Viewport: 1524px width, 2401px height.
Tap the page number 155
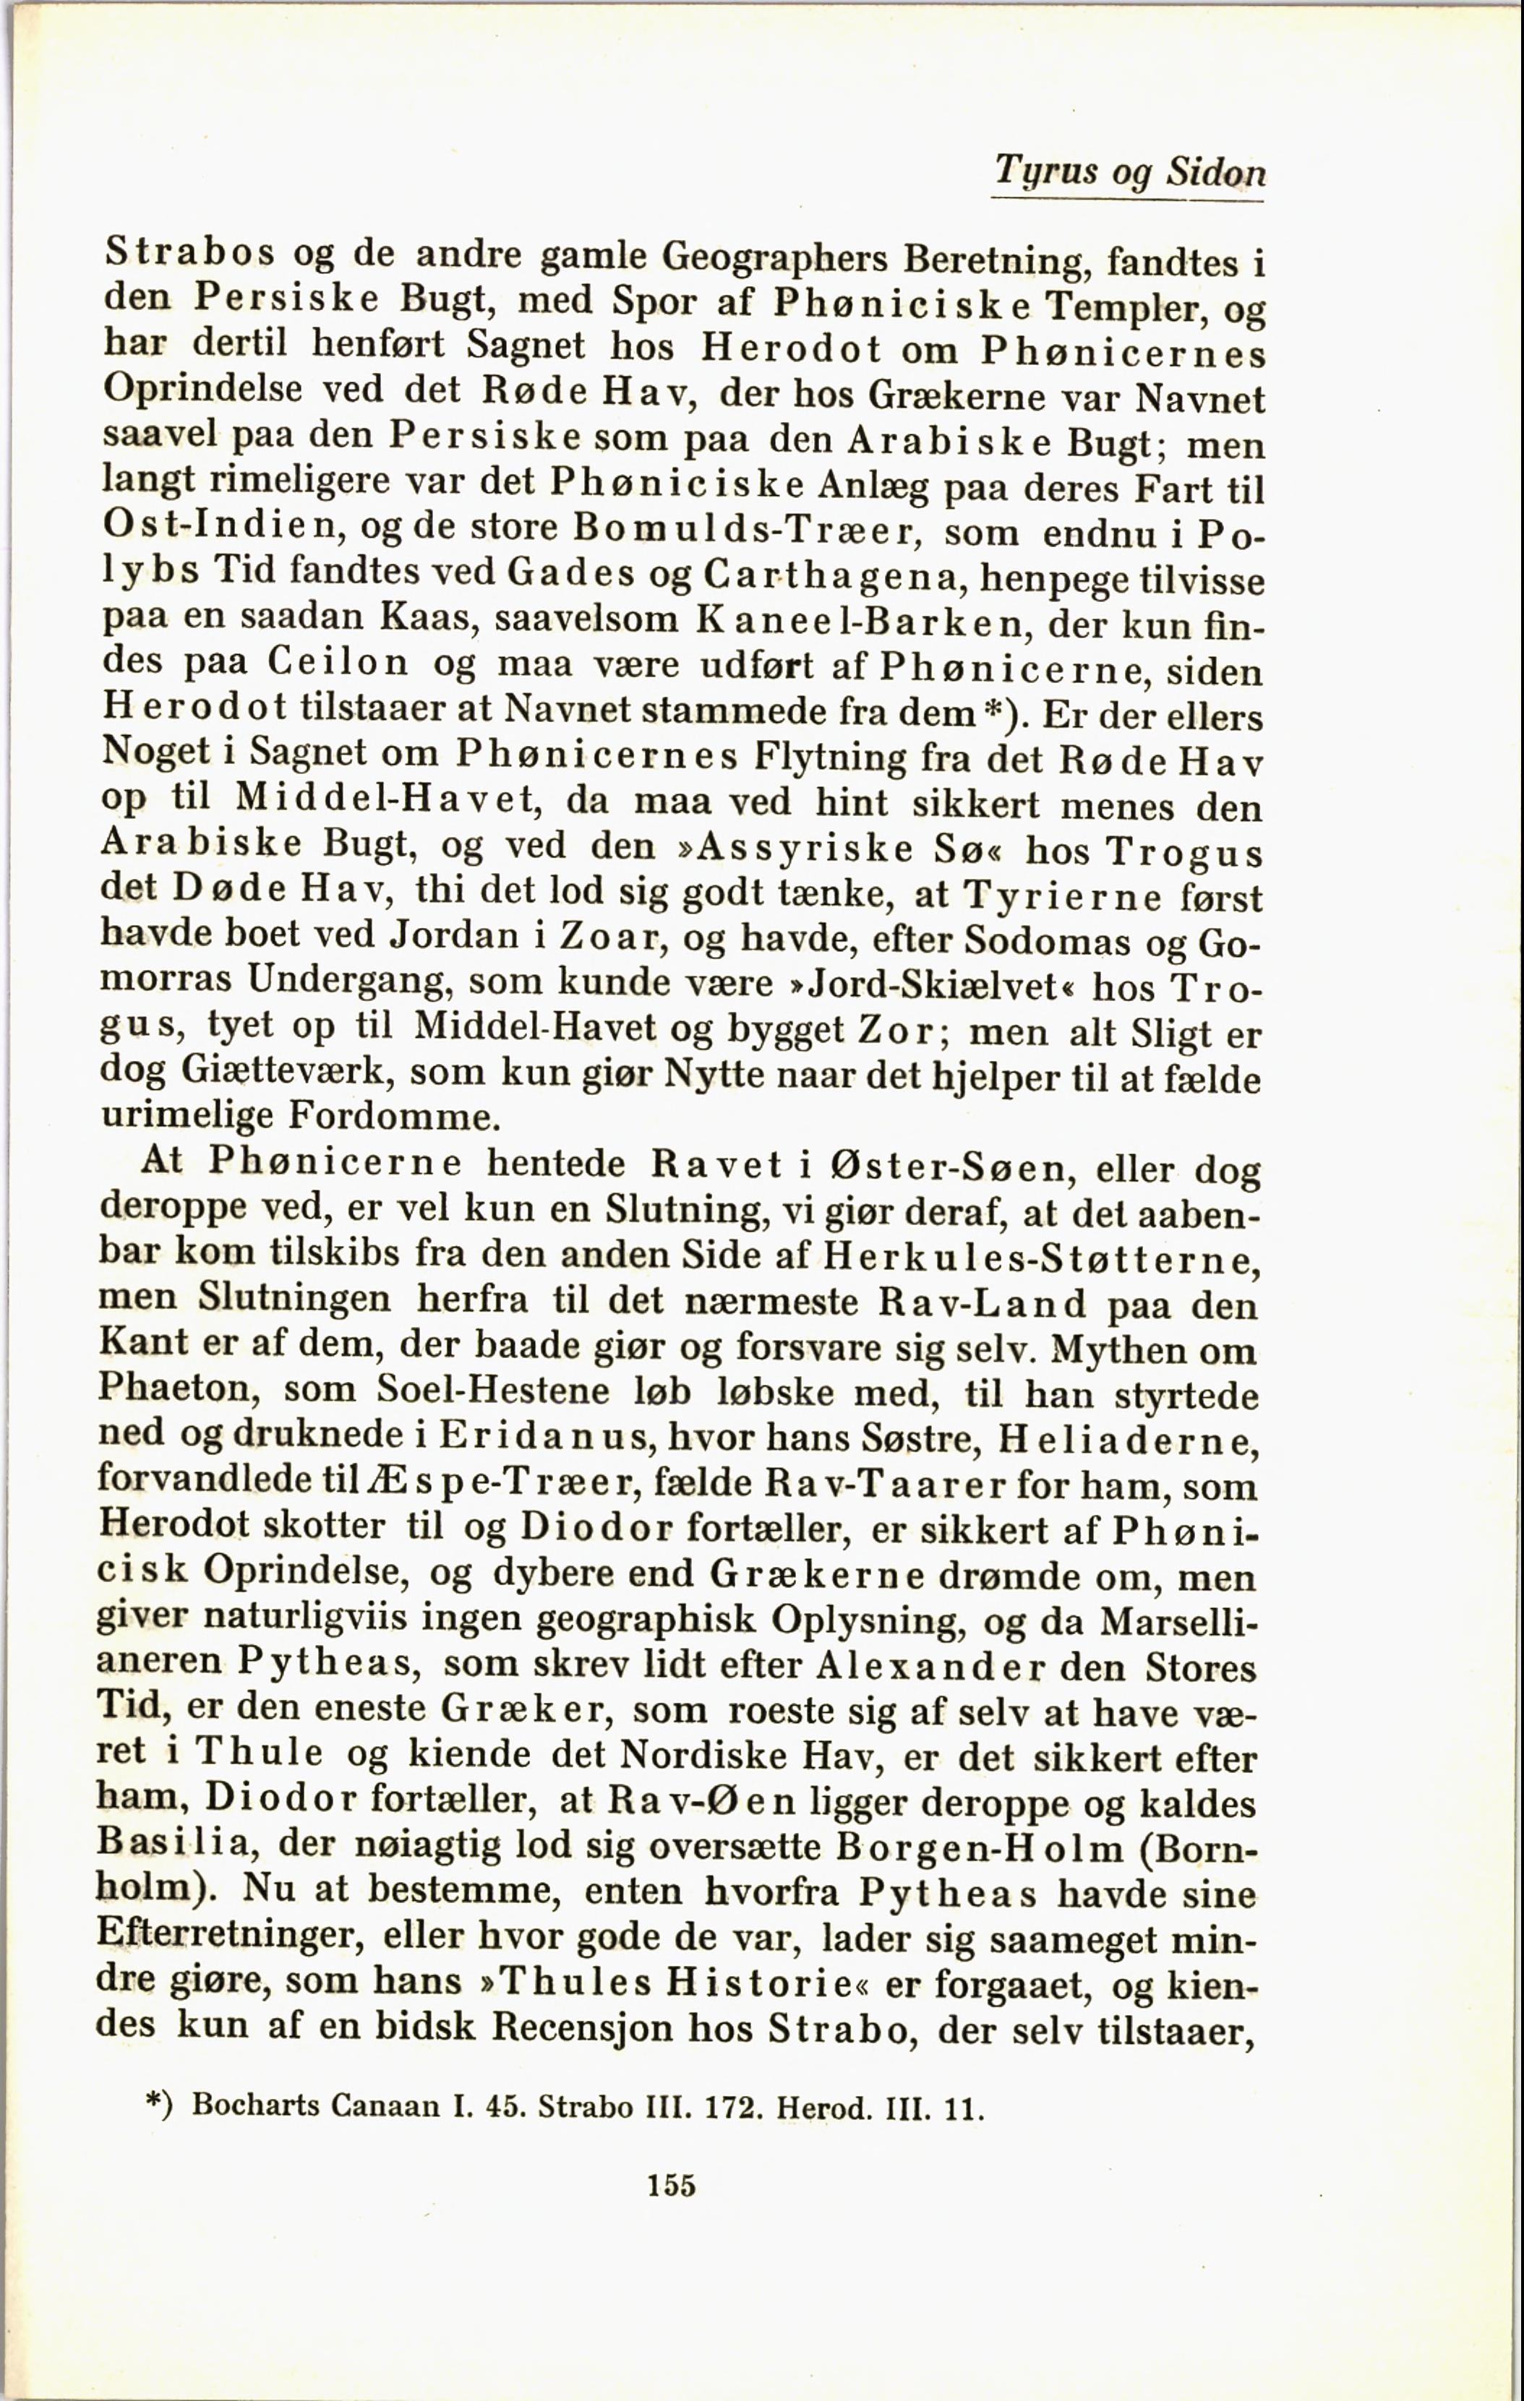point(671,2186)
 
